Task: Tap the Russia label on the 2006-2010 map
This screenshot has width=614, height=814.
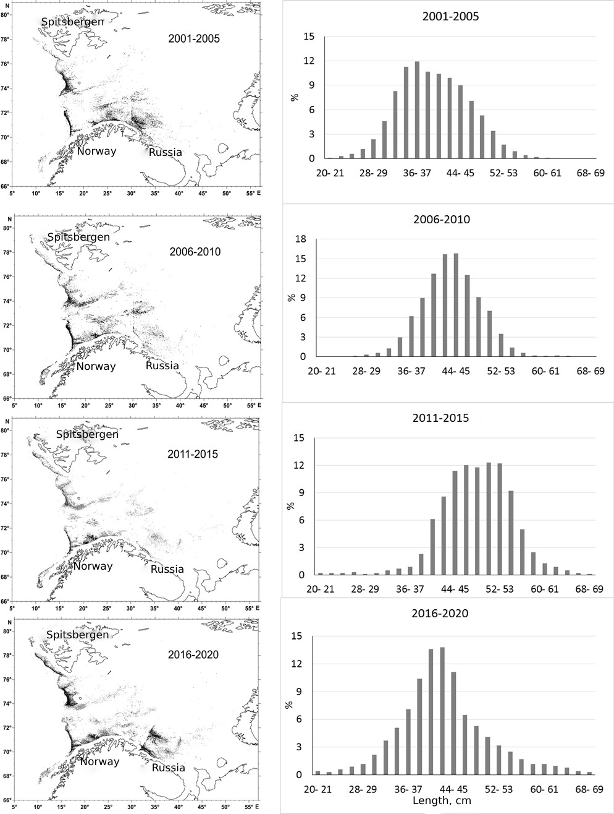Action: pos(162,366)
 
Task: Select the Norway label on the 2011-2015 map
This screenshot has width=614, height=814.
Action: pos(93,566)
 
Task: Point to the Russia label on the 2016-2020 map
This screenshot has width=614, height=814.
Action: pos(168,768)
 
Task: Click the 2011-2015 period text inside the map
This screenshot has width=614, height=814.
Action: pos(193,454)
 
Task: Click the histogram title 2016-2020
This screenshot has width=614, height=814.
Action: pos(440,614)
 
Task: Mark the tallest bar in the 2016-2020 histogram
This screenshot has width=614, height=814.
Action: pos(442,711)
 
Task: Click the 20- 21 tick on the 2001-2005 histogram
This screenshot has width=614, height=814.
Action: pos(321,173)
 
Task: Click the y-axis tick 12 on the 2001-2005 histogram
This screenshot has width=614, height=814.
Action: pos(307,61)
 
